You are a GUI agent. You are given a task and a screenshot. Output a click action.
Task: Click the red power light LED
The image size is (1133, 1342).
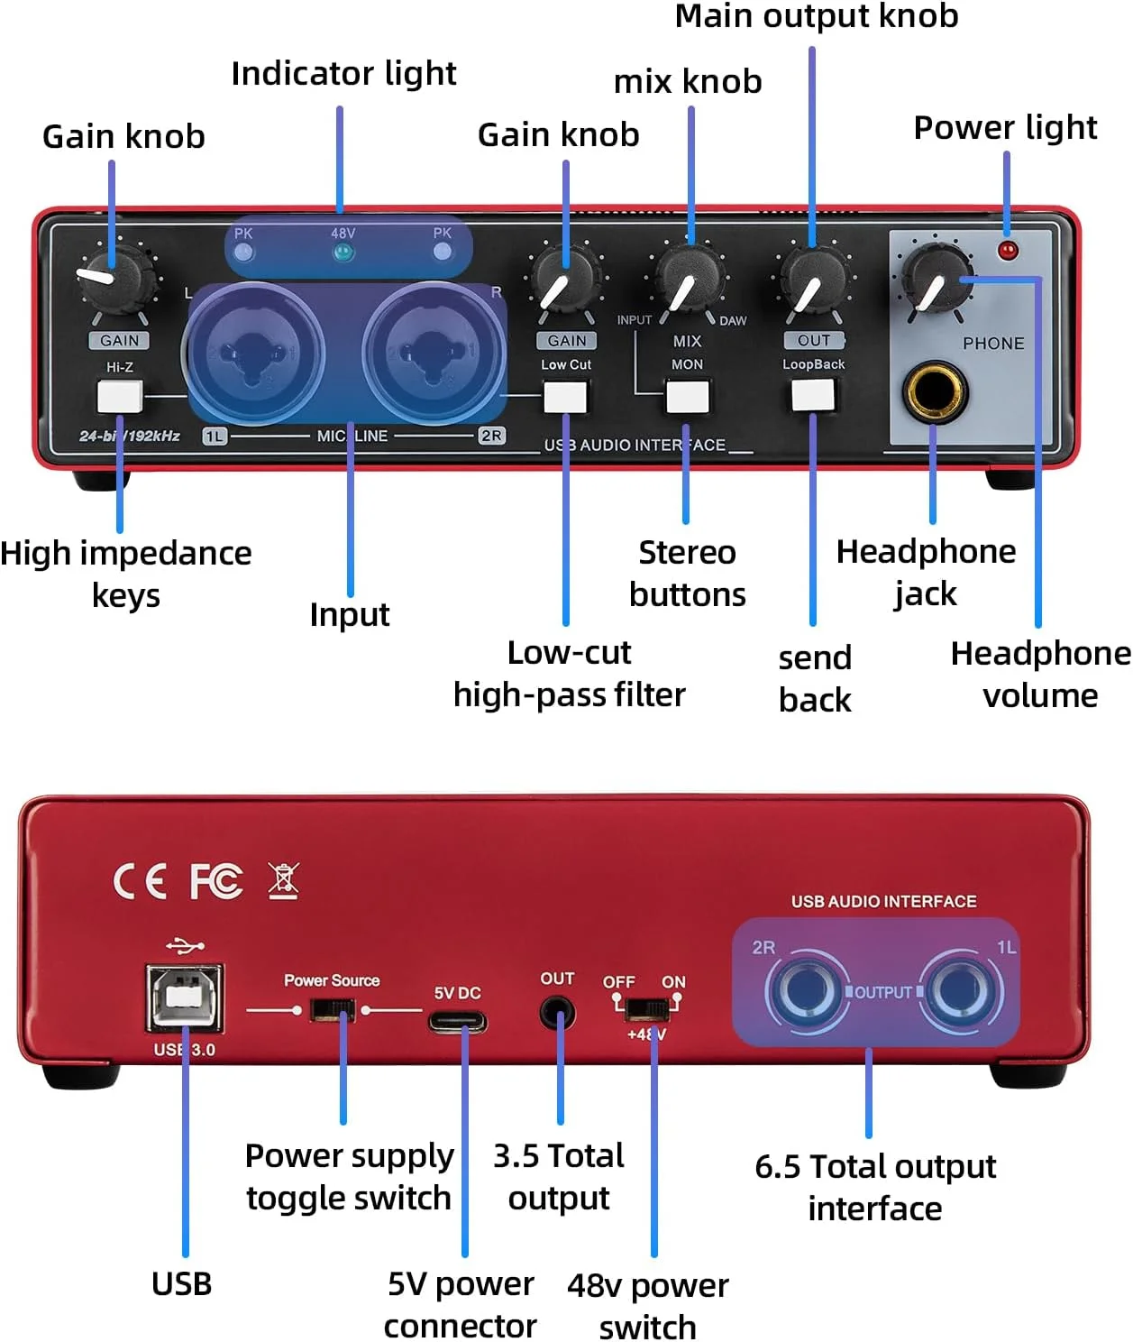point(1008,250)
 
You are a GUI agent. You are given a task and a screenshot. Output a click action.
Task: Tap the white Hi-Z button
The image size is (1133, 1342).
point(119,396)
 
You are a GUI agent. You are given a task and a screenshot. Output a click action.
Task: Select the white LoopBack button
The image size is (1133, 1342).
point(812,395)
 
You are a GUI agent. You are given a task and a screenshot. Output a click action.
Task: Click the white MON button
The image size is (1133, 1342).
point(687,396)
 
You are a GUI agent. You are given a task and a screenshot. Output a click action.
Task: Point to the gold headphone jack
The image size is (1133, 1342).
point(934,392)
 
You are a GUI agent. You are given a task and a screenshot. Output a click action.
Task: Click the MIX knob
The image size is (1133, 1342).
point(690,278)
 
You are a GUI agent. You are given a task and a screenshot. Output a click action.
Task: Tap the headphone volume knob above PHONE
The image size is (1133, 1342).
point(937,278)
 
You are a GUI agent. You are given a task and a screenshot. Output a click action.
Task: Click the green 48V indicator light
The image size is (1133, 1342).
point(343,253)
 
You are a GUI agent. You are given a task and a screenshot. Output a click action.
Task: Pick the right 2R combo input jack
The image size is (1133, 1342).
point(433,352)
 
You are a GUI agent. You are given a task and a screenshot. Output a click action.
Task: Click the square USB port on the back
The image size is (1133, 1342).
point(185,997)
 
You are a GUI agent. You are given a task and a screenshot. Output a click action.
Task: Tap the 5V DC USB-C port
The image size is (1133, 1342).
point(458,1023)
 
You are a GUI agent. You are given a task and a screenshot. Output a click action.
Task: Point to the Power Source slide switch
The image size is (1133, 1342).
point(332,1009)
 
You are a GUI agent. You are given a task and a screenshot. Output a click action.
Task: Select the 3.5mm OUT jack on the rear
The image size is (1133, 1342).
point(558,1013)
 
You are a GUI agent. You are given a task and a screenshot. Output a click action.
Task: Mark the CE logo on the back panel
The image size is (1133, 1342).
point(140,881)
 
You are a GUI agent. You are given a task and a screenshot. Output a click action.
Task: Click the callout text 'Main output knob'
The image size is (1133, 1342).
point(817,16)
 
